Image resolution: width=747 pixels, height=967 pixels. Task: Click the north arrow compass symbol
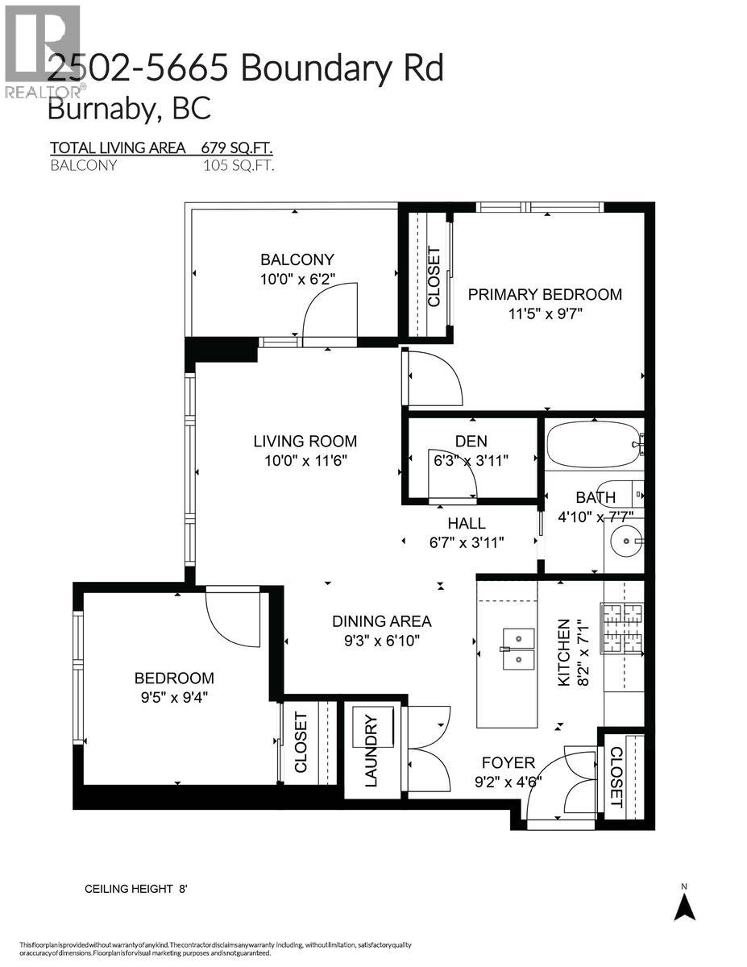click(x=684, y=904)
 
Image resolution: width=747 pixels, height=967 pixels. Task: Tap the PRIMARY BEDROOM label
click(x=545, y=294)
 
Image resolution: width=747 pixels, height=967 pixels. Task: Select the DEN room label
click(x=471, y=441)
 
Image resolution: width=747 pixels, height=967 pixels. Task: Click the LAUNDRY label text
click(x=371, y=750)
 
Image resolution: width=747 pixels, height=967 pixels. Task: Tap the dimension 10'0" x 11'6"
click(x=305, y=461)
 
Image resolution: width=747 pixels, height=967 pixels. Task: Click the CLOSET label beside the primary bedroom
click(x=434, y=276)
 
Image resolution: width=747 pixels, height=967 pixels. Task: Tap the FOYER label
click(x=508, y=762)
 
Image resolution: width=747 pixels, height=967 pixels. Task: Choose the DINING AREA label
click(x=381, y=621)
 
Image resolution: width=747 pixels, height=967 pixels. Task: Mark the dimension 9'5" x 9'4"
click(x=174, y=698)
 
